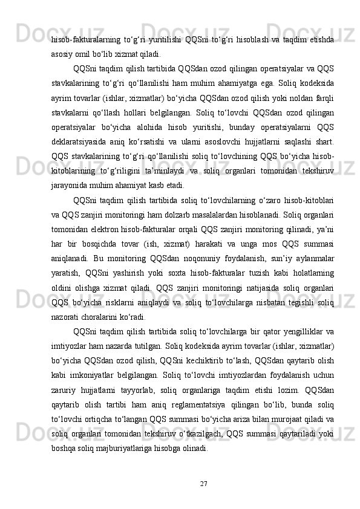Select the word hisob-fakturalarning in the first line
(80, 40)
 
